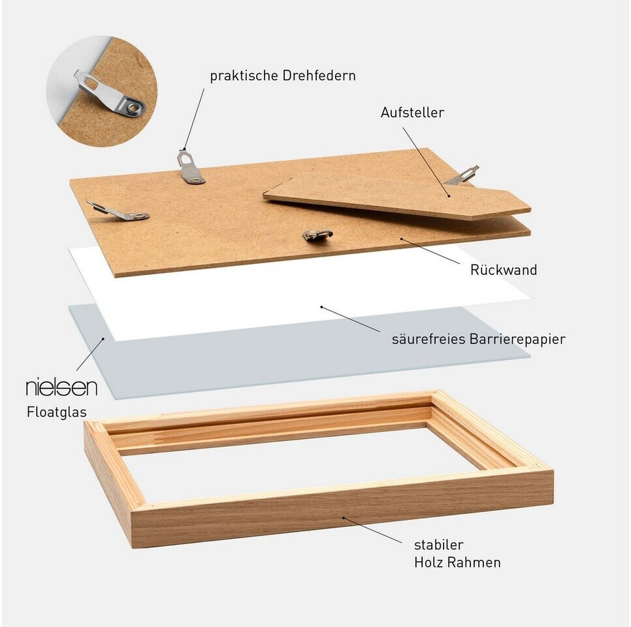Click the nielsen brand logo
61,387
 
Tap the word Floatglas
57,412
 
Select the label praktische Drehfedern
283,76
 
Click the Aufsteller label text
412,112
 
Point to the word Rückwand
504,270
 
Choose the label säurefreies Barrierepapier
479,339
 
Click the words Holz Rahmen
457,562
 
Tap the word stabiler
439,545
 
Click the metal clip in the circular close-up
108,94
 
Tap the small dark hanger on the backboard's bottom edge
317,235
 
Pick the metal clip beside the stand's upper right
462,176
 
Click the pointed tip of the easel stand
530,208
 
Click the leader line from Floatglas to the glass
89,355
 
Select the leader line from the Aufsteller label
427,162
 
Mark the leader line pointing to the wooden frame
372,530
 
